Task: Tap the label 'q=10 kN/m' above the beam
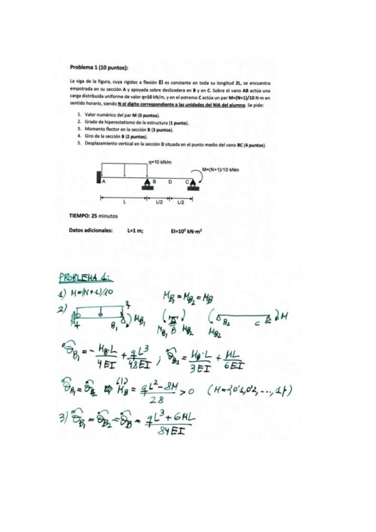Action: tap(161, 161)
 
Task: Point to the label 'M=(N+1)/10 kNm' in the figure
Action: tap(221, 169)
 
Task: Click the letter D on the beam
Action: tap(169, 181)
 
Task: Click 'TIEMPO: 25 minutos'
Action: tap(93, 216)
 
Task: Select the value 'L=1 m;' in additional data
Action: tap(135, 230)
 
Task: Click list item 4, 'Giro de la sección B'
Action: tap(115, 136)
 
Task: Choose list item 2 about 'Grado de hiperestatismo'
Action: tap(130, 122)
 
